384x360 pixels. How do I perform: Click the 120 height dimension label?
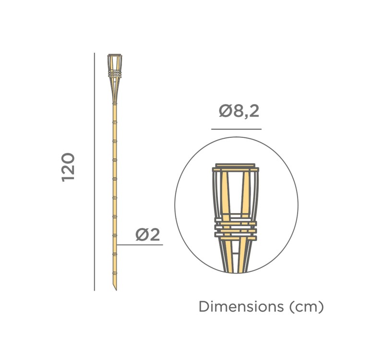coord(68,167)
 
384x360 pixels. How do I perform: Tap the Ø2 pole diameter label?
coord(147,234)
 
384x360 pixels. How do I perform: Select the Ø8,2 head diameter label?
coord(239,111)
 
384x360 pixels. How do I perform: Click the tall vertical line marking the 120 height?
coord(95,173)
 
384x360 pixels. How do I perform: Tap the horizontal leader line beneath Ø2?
coord(140,245)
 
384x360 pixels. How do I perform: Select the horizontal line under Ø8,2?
coord(236,129)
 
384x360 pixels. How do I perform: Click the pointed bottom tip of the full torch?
coord(115,288)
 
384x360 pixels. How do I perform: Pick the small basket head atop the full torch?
coord(114,65)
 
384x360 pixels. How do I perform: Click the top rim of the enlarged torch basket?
coord(236,168)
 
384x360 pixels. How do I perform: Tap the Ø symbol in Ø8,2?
coord(226,111)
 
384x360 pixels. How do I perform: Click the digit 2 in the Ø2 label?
coord(154,234)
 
